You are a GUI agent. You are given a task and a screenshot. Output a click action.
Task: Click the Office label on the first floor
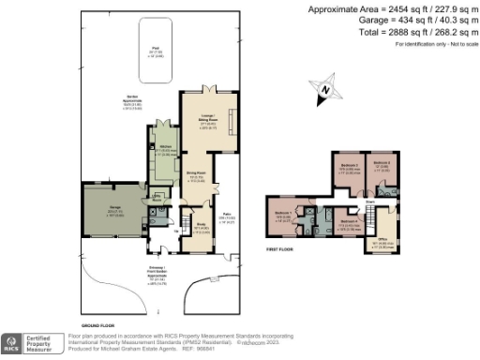tap(382, 240)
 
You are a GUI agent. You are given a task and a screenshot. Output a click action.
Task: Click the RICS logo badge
tap(13, 343)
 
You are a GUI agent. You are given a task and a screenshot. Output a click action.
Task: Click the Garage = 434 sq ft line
tap(405, 22)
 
